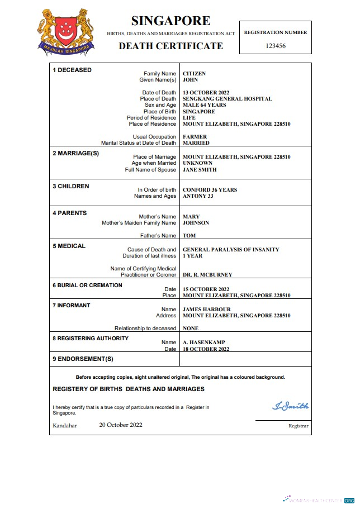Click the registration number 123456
coord(275,46)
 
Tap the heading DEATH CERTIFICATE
coord(170,46)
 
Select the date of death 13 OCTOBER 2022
coord(206,93)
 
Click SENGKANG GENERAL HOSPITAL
coord(227,99)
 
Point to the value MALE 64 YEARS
coord(204,105)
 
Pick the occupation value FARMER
coord(195,137)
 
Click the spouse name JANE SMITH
coord(200,170)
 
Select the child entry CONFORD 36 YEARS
coord(210,190)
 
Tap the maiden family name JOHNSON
coord(196,223)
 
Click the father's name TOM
coord(189,236)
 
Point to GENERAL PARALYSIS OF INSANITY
coord(231,250)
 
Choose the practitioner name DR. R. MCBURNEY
coord(207,275)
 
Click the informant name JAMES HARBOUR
coord(206,310)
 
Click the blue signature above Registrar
coord(290,406)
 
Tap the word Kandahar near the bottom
coord(64,426)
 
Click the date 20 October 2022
coord(121,425)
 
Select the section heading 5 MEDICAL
coord(69,246)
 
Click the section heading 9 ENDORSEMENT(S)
coord(83,359)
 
